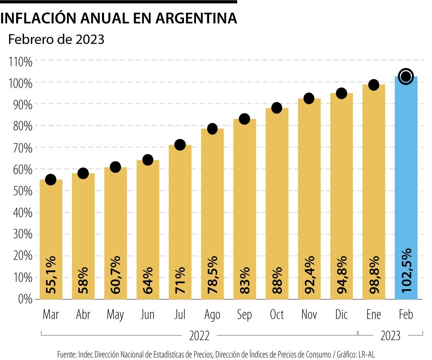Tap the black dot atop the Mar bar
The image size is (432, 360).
point(51,180)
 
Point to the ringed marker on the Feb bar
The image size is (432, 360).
point(406,76)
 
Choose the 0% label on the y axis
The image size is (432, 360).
point(24,299)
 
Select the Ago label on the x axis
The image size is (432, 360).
point(212,315)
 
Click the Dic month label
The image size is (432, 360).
point(341,315)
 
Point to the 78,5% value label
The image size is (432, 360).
point(212,272)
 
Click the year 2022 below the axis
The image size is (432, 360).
point(199,336)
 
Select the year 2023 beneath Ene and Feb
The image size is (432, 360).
point(390,336)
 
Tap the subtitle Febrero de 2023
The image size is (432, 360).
point(56,39)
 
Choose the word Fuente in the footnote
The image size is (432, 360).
point(66,354)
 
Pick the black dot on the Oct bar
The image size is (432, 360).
point(277,108)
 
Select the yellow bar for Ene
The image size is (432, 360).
point(374,192)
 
